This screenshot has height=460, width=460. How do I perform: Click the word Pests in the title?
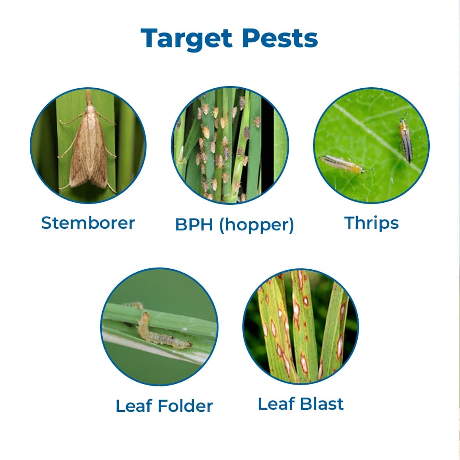tap(280, 38)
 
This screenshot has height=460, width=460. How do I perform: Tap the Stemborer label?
tap(88, 223)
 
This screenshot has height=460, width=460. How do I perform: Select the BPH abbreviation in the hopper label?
tap(194, 225)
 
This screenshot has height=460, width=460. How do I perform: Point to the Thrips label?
tap(371, 223)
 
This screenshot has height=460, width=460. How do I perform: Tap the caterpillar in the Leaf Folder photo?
tap(162, 334)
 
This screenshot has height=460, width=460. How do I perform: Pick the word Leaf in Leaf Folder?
tap(134, 406)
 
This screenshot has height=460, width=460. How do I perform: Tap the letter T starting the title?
tap(149, 38)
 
